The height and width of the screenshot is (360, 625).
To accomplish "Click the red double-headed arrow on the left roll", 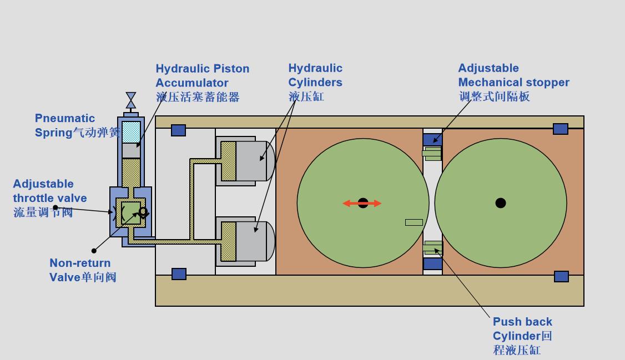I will point(362,203).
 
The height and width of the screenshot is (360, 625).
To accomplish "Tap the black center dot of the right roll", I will point(501,203).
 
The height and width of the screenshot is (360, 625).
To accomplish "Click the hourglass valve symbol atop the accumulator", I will point(131,100).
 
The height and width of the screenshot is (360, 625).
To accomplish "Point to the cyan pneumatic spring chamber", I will point(131,132).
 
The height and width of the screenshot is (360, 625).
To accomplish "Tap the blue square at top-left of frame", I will point(178,130).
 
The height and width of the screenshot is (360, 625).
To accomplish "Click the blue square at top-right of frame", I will point(561,129).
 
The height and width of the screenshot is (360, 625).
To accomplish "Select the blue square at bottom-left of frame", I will point(179,274).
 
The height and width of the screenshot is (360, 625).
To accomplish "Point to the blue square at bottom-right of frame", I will point(561,276).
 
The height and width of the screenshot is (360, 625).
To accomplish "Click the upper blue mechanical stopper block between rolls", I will point(432,139).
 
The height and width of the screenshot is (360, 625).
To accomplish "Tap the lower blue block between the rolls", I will point(432,263).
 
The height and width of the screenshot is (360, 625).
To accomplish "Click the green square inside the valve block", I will point(132,212).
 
